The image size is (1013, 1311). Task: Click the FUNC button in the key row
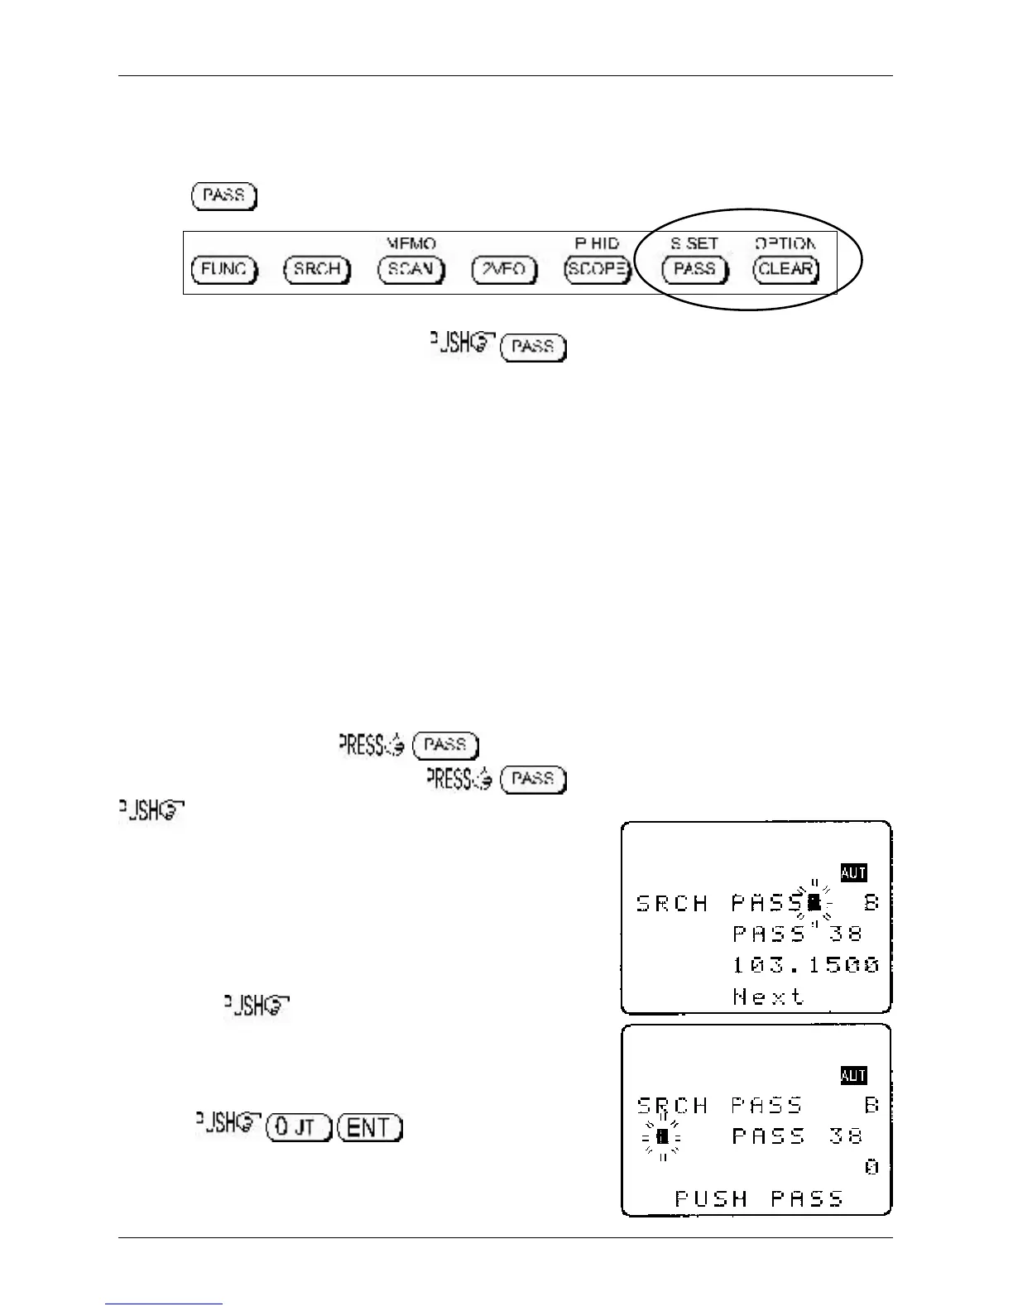224,270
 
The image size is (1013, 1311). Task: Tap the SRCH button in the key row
317,270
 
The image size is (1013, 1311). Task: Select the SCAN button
411,270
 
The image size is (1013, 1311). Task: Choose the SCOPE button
597,270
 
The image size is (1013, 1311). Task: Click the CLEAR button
785,270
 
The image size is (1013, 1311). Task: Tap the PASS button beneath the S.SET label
694,270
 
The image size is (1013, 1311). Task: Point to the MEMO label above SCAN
411,244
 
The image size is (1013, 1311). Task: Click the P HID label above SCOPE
597,244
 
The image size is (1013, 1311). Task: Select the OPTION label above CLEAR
785,244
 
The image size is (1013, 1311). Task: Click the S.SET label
694,244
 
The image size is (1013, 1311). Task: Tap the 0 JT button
299,1127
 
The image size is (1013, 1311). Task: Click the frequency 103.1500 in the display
805,965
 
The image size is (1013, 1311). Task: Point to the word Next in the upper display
768,996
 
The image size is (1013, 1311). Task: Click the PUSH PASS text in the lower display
759,1198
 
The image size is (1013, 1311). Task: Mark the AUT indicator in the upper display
853,872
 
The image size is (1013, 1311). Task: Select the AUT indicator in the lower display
853,1076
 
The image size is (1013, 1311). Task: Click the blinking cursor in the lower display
661,1137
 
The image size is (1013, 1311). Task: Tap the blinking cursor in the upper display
814,902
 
